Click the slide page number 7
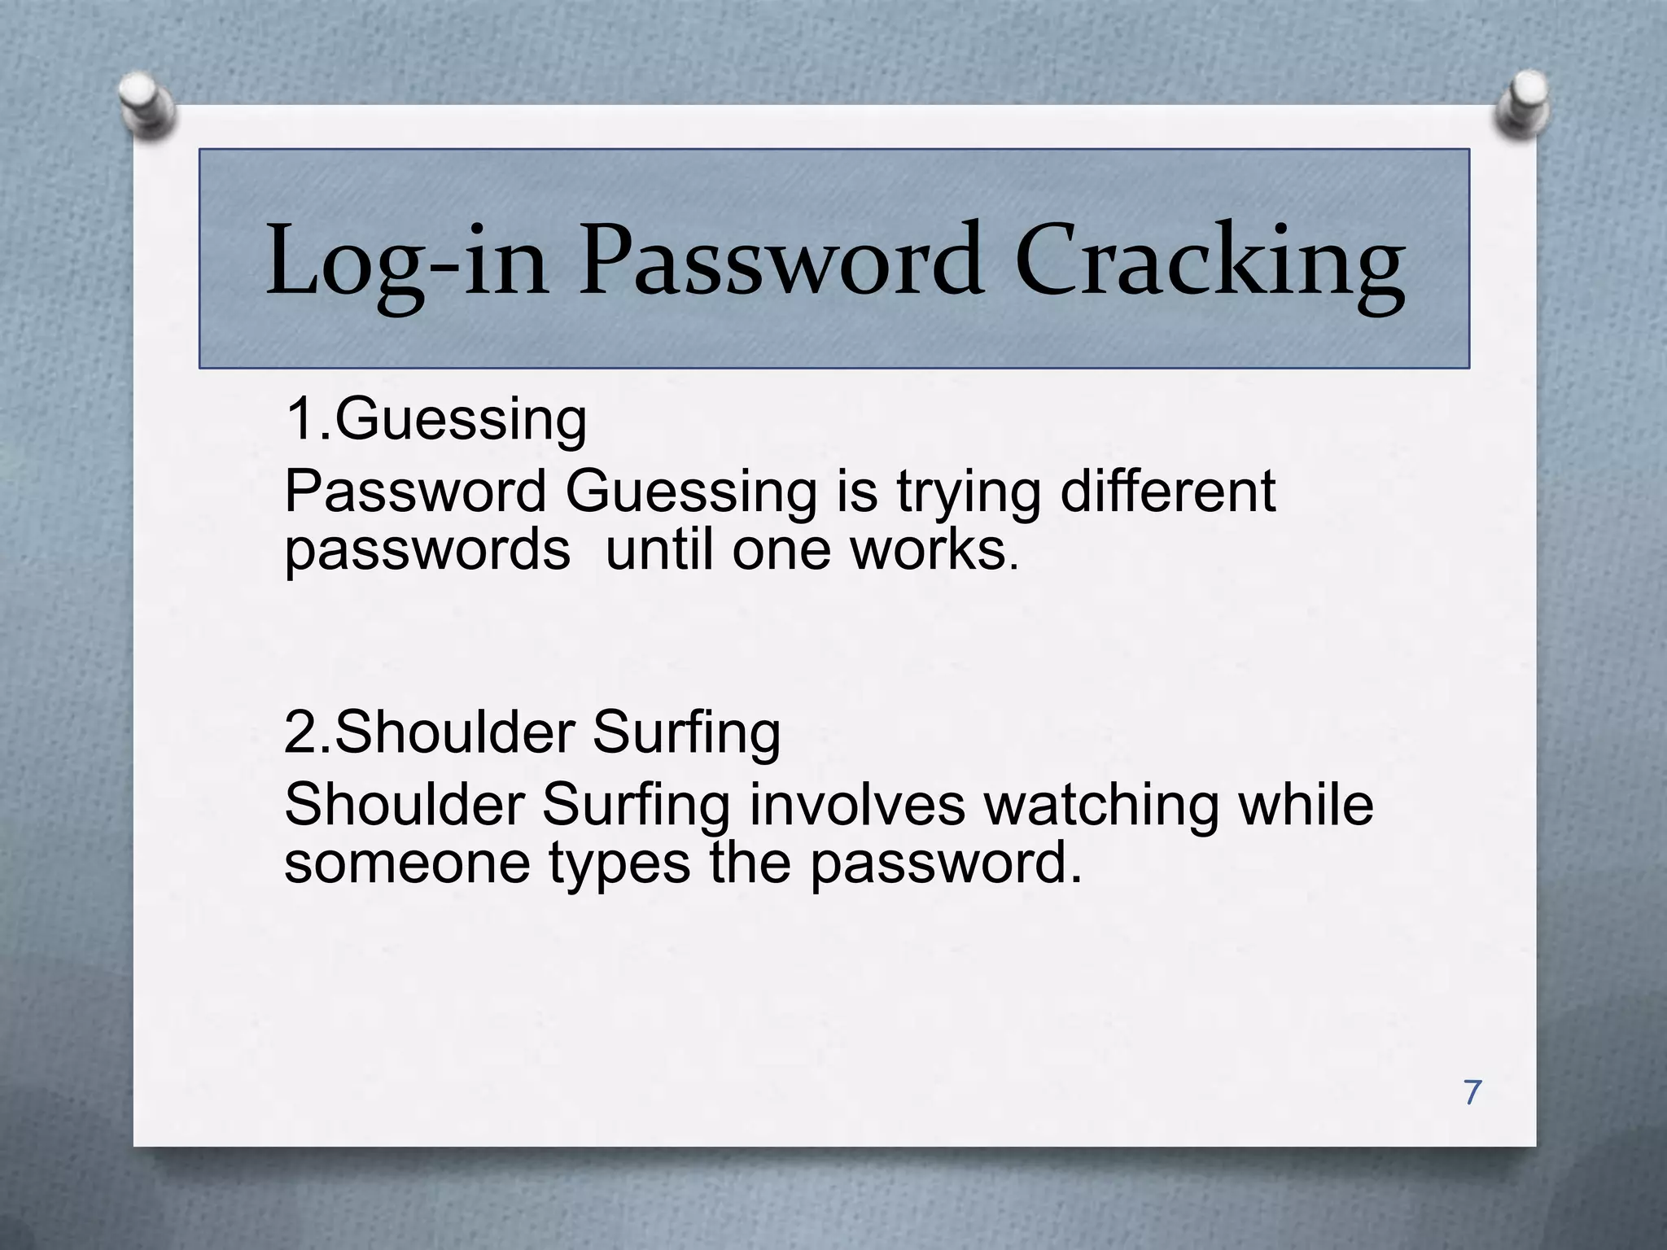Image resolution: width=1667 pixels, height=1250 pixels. coord(1472,1092)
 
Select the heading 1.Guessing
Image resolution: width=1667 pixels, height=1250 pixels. coord(435,420)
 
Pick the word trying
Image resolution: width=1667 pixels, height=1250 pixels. coord(969,493)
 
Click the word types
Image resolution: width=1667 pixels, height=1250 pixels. coord(619,864)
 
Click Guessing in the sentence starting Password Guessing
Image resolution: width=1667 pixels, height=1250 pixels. coord(691,493)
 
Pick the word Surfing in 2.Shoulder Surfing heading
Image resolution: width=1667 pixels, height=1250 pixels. coord(686,733)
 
